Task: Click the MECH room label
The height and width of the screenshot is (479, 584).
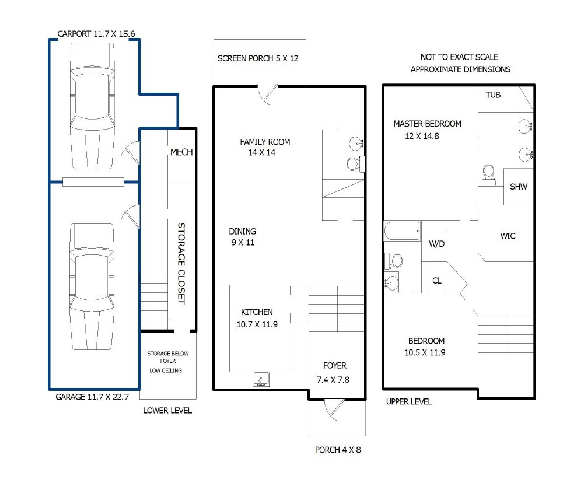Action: pos(181,152)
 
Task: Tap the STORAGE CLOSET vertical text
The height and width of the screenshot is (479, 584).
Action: pos(181,263)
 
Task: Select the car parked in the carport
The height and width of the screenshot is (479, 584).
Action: pos(92,106)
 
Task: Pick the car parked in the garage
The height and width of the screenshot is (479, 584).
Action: pos(92,287)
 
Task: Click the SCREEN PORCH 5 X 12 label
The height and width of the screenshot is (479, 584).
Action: pos(258,58)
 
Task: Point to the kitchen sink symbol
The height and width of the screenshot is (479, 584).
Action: pos(261,379)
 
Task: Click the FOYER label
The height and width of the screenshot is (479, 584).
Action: pos(334,366)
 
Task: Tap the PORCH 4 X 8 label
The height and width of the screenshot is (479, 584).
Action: pos(338,450)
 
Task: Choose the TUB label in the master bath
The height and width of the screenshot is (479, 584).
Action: pos(493,95)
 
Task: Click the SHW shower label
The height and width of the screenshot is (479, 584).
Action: pos(519,187)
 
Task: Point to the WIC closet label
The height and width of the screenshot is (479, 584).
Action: pos(508,236)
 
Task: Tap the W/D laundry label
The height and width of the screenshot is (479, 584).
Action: pos(437,244)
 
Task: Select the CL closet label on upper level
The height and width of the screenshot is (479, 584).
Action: pos(437,281)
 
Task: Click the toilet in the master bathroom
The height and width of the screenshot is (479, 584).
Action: pos(488,175)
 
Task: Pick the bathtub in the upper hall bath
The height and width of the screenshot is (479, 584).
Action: pos(402,231)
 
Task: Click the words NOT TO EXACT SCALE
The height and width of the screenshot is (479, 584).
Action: pos(459,57)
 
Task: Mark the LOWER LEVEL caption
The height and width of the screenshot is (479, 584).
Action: pos(167,411)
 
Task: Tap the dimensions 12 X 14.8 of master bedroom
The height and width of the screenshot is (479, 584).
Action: pos(422,136)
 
